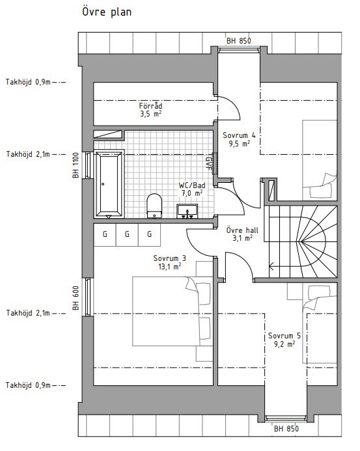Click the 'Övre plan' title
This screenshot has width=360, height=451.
(x=107, y=12)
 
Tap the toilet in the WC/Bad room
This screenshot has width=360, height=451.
(x=154, y=206)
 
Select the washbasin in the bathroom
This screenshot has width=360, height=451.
(x=187, y=211)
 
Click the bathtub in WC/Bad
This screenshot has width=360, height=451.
(x=109, y=184)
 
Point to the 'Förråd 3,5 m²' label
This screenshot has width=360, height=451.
(x=150, y=109)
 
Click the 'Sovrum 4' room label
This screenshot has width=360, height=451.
(x=239, y=135)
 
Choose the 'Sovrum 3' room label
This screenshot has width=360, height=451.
(x=169, y=258)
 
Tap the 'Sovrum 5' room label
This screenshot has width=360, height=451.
(x=284, y=336)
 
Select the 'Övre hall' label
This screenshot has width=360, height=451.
(x=242, y=230)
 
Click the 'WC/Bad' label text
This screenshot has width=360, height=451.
(x=192, y=185)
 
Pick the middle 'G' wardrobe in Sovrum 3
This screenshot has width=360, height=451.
(x=127, y=235)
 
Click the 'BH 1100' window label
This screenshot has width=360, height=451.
(x=76, y=165)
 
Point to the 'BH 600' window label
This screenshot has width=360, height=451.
(x=76, y=297)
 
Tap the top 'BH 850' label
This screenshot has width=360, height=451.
(x=238, y=41)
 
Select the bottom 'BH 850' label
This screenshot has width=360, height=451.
(x=286, y=429)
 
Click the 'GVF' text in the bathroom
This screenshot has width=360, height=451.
(x=208, y=163)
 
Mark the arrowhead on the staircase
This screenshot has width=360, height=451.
(x=271, y=267)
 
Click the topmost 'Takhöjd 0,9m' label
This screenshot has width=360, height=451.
(x=28, y=82)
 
